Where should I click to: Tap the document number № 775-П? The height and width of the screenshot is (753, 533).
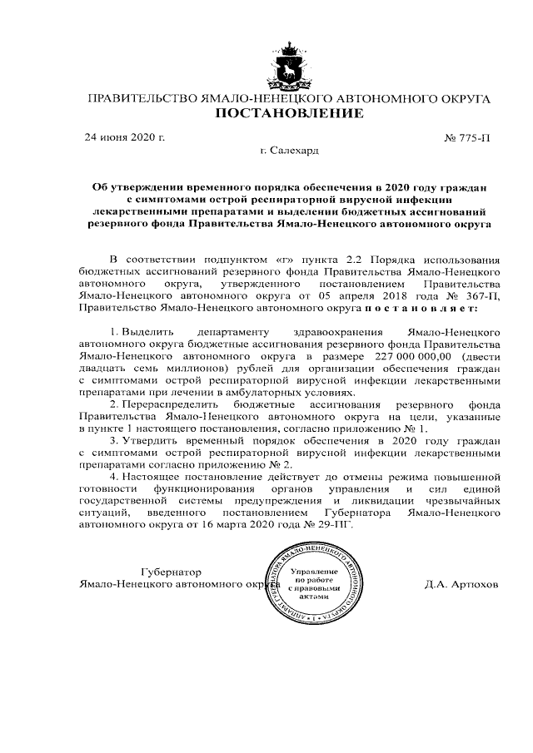[x=471, y=137]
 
